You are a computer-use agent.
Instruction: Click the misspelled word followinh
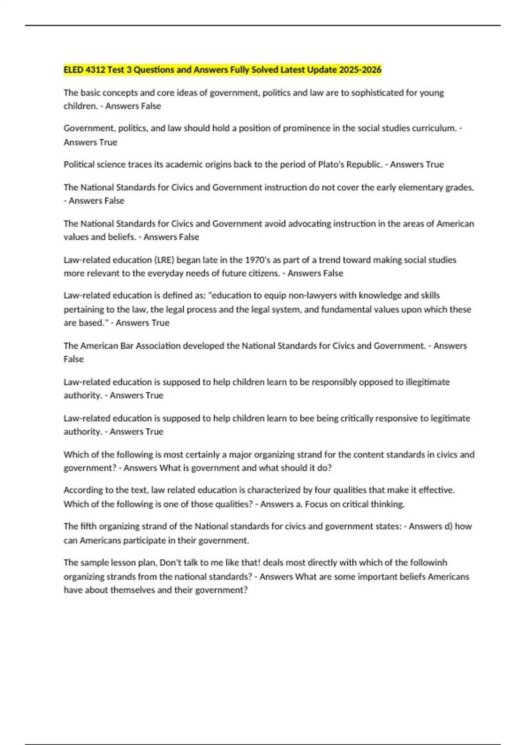click(427, 563)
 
